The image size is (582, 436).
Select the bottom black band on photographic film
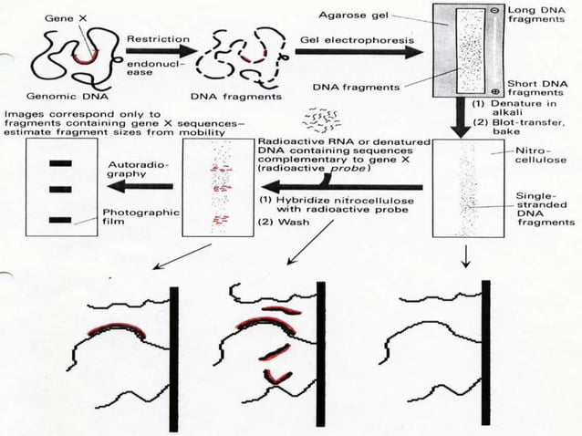[x=60, y=219]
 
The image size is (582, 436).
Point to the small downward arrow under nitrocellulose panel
[x=467, y=259]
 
